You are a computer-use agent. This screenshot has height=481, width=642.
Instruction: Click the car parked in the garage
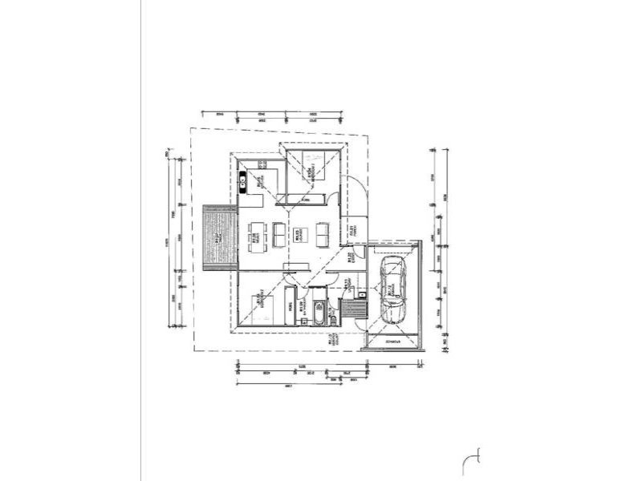pos(392,292)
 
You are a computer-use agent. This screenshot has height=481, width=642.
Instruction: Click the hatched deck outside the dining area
pos(220,236)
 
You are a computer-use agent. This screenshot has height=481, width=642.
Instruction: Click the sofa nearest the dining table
pos(278,233)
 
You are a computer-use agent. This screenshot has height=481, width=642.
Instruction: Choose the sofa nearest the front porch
pos(322,233)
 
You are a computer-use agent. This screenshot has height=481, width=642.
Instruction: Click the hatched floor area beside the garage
pos(351,309)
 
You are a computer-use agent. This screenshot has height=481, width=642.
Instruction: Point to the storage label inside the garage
pos(393,342)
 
